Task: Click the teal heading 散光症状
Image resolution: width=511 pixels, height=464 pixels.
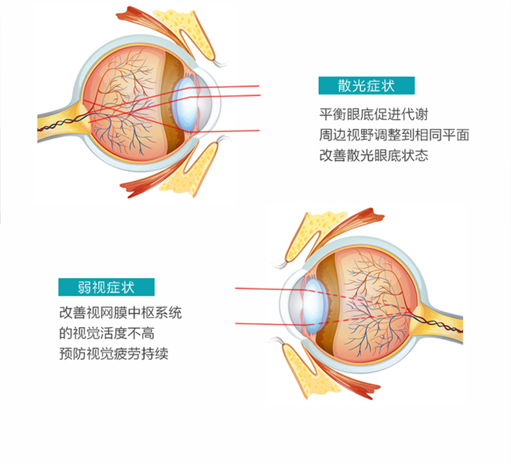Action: tap(366, 86)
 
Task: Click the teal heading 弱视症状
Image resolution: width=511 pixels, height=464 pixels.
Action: tap(106, 287)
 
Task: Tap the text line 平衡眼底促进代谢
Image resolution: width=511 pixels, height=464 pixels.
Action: tap(373, 114)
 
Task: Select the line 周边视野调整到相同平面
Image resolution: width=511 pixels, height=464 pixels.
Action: tap(394, 135)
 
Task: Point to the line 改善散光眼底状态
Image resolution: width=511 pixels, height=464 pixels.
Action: tap(373, 155)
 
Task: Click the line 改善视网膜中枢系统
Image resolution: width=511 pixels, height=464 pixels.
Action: tap(120, 313)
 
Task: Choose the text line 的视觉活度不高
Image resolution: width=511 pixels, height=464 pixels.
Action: tap(107, 333)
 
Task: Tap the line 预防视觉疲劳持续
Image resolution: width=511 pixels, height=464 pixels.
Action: tap(113, 353)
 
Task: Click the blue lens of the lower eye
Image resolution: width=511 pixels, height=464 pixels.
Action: tap(315, 306)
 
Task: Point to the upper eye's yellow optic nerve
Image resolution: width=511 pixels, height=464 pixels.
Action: tap(60, 122)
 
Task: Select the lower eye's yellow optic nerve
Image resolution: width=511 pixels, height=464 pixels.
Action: tap(440, 322)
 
